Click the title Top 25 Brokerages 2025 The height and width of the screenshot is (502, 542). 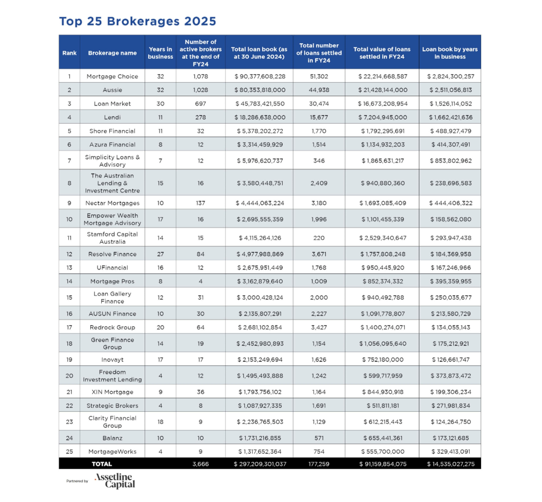138,21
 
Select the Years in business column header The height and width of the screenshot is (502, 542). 161,53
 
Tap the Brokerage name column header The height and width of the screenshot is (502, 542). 112,53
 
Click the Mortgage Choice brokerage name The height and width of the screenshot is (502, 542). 112,76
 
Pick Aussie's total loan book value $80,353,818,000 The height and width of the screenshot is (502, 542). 260,90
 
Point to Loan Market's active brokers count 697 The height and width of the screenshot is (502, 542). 200,104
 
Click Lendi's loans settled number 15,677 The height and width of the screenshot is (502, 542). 319,117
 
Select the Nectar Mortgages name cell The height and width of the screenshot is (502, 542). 112,203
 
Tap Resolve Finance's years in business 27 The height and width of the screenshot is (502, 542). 161,254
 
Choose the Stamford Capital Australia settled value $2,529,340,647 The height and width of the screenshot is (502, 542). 382,238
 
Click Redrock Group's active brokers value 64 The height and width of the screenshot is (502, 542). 200,328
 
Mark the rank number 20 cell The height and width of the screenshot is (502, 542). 69,376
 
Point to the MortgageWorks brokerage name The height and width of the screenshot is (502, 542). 112,452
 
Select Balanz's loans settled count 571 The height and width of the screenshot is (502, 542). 319,438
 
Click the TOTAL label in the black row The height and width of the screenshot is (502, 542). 102,464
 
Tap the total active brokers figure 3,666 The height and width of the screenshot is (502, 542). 200,464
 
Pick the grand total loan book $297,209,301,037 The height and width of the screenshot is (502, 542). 260,464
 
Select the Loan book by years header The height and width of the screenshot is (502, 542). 450,53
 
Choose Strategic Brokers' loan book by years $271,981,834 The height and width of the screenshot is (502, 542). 450,406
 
